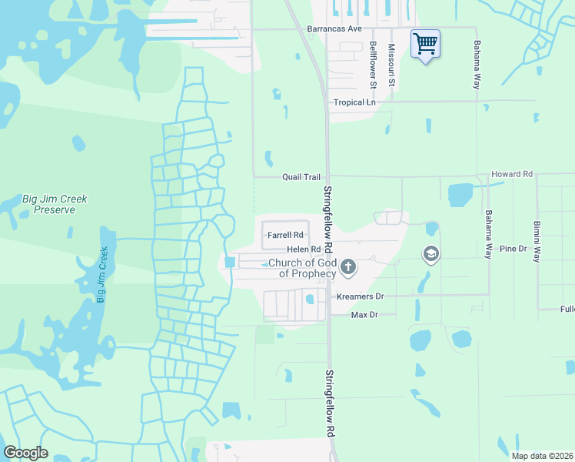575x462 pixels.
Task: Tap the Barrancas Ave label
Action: [334, 28]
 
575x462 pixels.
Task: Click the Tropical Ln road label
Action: [354, 102]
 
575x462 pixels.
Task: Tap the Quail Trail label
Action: [301, 177]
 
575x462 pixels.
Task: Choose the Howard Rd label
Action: [512, 175]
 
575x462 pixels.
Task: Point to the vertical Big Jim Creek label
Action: [101, 274]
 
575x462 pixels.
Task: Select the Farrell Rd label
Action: [286, 235]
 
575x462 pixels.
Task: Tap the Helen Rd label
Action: [303, 249]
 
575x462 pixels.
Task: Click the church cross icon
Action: [348, 267]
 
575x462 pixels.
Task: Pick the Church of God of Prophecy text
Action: [302, 269]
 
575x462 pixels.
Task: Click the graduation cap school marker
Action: [431, 253]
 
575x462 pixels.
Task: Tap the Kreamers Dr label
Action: [360, 296]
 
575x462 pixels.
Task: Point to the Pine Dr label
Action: [513, 249]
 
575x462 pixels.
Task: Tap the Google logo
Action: [25, 453]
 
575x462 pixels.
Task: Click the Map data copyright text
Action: [542, 456]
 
